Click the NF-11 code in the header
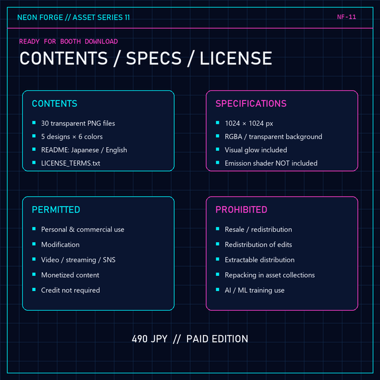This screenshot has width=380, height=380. tap(346, 17)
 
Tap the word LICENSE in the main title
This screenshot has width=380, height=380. tap(236, 58)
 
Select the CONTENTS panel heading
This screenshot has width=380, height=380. tap(55, 104)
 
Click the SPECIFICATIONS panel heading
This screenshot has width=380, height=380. tap(251, 104)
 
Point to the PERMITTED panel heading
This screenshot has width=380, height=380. tap(56, 210)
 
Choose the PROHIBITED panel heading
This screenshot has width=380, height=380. tap(241, 210)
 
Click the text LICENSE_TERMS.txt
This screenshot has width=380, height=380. tap(70, 163)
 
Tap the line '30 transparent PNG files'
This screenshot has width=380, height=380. tap(78, 123)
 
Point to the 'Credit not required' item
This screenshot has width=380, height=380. tap(70, 290)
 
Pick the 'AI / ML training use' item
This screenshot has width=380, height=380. tap(255, 290)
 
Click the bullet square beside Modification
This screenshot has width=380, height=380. tap(34, 244)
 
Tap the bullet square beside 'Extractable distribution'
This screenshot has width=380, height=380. tap(218, 259)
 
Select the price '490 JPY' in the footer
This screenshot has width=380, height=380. tap(150, 339)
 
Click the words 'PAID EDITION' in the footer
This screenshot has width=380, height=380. tap(217, 339)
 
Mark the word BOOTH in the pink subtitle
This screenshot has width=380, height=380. tap(70, 42)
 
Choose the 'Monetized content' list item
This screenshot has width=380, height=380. tap(70, 275)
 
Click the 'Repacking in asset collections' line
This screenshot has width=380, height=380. tap(270, 275)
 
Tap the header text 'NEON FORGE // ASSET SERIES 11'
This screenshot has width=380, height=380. tap(74, 17)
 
